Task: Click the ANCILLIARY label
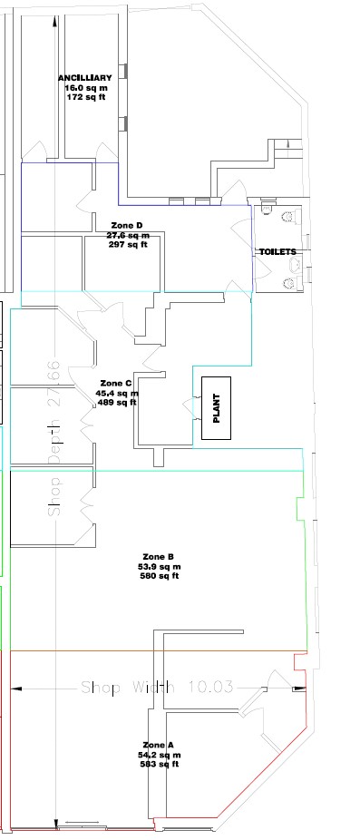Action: click(x=86, y=78)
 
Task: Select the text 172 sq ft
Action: click(x=86, y=97)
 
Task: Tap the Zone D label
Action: click(x=127, y=226)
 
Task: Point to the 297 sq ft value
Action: click(x=128, y=245)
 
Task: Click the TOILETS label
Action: click(x=278, y=251)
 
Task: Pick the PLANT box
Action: click(x=217, y=408)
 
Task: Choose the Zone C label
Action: click(x=116, y=384)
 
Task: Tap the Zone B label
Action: click(x=159, y=557)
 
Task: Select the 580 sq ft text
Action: click(x=159, y=576)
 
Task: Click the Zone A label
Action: click(x=159, y=745)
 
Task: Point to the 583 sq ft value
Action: click(x=159, y=765)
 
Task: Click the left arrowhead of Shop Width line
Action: click(x=16, y=689)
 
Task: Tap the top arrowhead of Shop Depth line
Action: click(x=55, y=22)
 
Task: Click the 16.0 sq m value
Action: click(x=86, y=88)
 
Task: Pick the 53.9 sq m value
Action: click(x=159, y=567)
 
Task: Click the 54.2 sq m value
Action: click(x=159, y=755)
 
